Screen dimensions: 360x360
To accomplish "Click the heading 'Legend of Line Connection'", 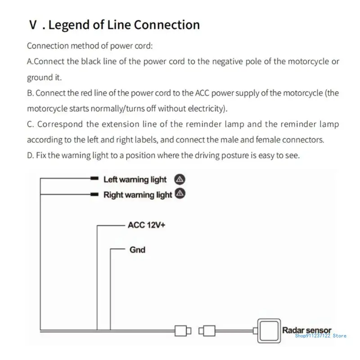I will (x=124, y=25).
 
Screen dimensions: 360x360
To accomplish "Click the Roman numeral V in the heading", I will (x=33, y=25).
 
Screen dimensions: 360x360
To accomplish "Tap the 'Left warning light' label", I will (x=135, y=180).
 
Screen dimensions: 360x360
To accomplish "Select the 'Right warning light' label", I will (x=137, y=195).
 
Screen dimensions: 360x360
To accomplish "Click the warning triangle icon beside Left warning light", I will (x=180, y=179).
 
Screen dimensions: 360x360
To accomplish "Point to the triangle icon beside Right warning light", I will (x=180, y=194).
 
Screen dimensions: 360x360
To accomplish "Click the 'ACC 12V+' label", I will (x=146, y=225).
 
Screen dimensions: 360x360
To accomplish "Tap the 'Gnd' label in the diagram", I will (x=137, y=249).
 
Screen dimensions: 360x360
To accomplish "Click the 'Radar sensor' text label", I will (x=306, y=331).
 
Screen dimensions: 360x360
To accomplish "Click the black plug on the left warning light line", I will (x=94, y=179).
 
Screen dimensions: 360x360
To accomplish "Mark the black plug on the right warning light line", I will (x=94, y=194).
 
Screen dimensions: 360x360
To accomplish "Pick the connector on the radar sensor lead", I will (x=209, y=331).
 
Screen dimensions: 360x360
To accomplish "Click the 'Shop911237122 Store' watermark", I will (x=320, y=336).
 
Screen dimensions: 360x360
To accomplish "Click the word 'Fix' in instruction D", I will (x=41, y=156).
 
